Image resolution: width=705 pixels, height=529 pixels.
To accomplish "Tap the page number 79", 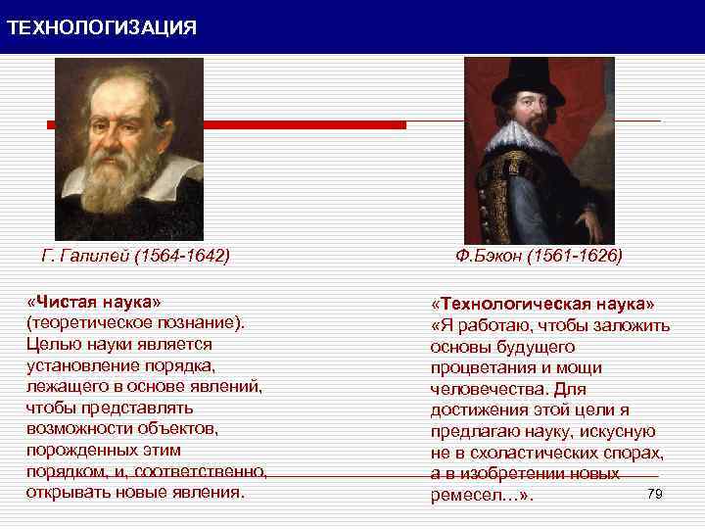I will tap(656, 493).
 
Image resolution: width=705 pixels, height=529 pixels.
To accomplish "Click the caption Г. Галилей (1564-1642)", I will tap(135, 257).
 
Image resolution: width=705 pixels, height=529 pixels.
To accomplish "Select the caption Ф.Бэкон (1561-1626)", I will tap(539, 257).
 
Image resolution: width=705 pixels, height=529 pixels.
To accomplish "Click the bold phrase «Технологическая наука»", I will tap(544, 304).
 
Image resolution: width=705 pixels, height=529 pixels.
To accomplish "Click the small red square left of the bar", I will tap(52, 125).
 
